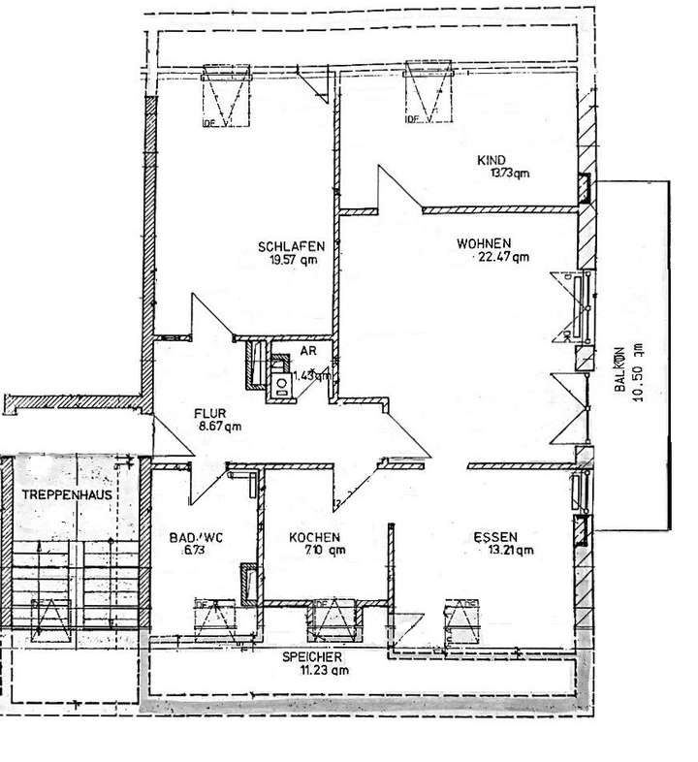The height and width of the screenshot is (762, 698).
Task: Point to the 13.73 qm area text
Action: pyautogui.click(x=511, y=174)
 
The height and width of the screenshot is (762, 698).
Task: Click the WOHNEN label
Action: pyautogui.click(x=484, y=243)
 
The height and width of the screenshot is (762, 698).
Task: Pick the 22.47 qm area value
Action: pyautogui.click(x=502, y=258)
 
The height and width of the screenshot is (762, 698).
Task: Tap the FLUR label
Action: pyautogui.click(x=210, y=411)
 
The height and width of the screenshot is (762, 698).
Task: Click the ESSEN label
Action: pyautogui.click(x=495, y=537)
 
